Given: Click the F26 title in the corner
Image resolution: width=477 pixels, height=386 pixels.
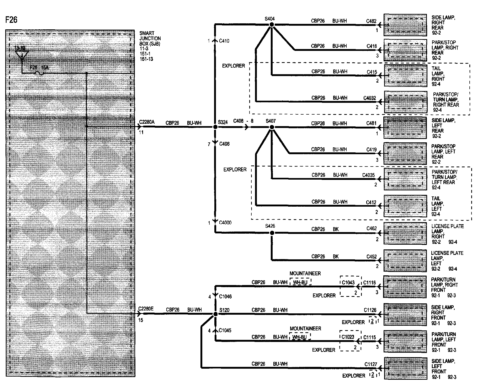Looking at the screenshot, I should tap(11, 20).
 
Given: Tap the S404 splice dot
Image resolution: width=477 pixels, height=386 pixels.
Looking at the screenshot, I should tap(272, 24).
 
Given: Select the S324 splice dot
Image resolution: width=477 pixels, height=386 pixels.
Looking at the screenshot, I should tap(215, 127).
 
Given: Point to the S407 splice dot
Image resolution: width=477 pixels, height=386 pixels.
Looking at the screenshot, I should tap(272, 127).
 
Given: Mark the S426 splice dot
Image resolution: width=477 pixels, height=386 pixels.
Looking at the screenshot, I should tap(272, 233).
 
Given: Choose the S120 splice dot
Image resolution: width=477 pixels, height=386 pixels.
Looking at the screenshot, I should tap(215, 314).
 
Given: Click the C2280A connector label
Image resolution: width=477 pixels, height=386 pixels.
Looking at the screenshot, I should tap(147, 122).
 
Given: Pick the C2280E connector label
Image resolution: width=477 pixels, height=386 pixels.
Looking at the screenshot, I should tap(146, 309).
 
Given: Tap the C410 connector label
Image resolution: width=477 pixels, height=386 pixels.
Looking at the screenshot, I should tap(224, 41).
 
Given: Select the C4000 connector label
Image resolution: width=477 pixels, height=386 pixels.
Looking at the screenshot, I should tap(225, 223).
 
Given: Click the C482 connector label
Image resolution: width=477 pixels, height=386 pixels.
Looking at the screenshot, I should tap(371, 21).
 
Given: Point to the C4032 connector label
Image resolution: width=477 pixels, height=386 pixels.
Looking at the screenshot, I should tap(369, 98).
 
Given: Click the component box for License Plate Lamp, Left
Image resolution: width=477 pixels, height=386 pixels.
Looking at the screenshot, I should tap(405, 260).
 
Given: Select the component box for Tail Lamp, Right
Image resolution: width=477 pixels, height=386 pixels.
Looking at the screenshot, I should tap(405, 75).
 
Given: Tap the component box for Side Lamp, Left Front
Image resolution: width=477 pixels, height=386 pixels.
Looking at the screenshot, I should tap(405, 368).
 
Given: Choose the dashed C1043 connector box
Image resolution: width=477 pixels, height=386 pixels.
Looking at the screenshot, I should tap(351, 286).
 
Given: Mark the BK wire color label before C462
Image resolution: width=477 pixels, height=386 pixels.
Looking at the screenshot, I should tap(336, 229).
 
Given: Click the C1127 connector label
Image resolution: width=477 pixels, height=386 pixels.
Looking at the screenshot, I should tap(370, 364).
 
